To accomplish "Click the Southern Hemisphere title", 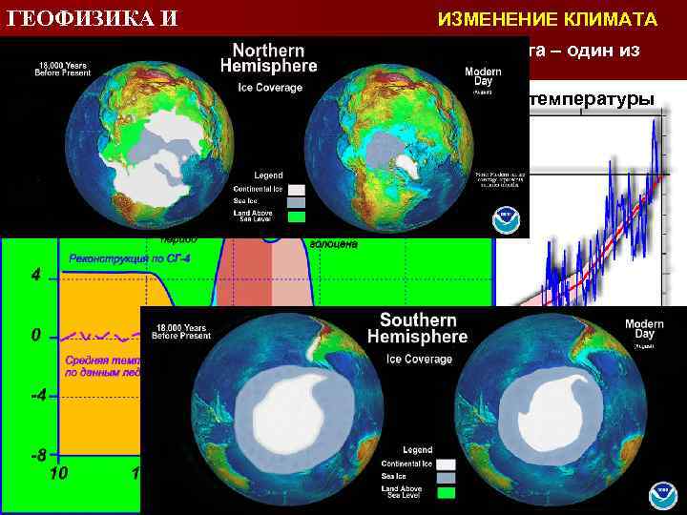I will pyautogui.click(x=418, y=328).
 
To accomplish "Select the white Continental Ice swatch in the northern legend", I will pyautogui.click(x=296, y=190).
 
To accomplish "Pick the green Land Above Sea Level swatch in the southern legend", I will pyautogui.click(x=446, y=492).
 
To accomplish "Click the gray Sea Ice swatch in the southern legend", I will pyautogui.click(x=446, y=477).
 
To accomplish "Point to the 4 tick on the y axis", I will pyautogui.click(x=35, y=278).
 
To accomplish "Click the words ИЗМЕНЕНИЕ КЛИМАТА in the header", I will pyautogui.click(x=547, y=19).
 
